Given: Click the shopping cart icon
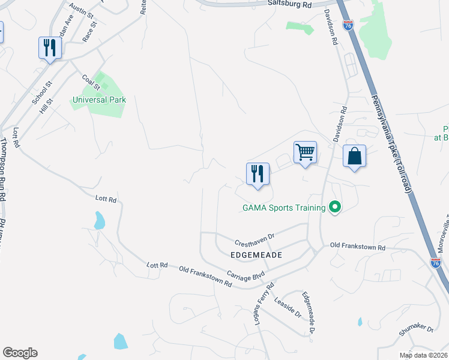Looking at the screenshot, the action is coord(306,153).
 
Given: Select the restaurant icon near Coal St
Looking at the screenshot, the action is coord(50,48).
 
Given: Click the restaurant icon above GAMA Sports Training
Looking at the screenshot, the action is coord(258,174).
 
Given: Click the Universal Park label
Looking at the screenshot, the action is coord(99,100).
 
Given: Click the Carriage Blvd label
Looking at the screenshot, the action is coord(246,276).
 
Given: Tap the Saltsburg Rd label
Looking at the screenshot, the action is coord(291,4).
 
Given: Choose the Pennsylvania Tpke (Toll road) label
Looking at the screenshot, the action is coord(391,144).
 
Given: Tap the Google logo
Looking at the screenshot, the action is coord(20,353).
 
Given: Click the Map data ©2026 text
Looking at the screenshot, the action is coord(423,355).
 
